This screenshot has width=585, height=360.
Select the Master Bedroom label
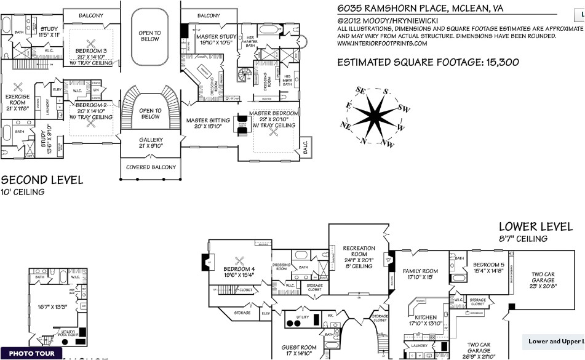274,113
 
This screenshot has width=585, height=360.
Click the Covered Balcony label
151,167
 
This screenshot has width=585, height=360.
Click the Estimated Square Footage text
428,62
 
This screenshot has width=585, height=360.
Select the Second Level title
42,180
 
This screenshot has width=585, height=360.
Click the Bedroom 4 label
239,269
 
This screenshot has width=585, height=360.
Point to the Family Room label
420,271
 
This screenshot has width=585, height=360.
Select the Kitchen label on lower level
426,318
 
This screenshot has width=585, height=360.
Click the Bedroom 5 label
488,265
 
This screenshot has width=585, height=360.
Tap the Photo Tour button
31,354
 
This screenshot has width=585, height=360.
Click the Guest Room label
300,348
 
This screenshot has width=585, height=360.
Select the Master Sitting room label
208,121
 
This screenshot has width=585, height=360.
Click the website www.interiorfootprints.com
382,43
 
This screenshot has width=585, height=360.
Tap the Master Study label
216,37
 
